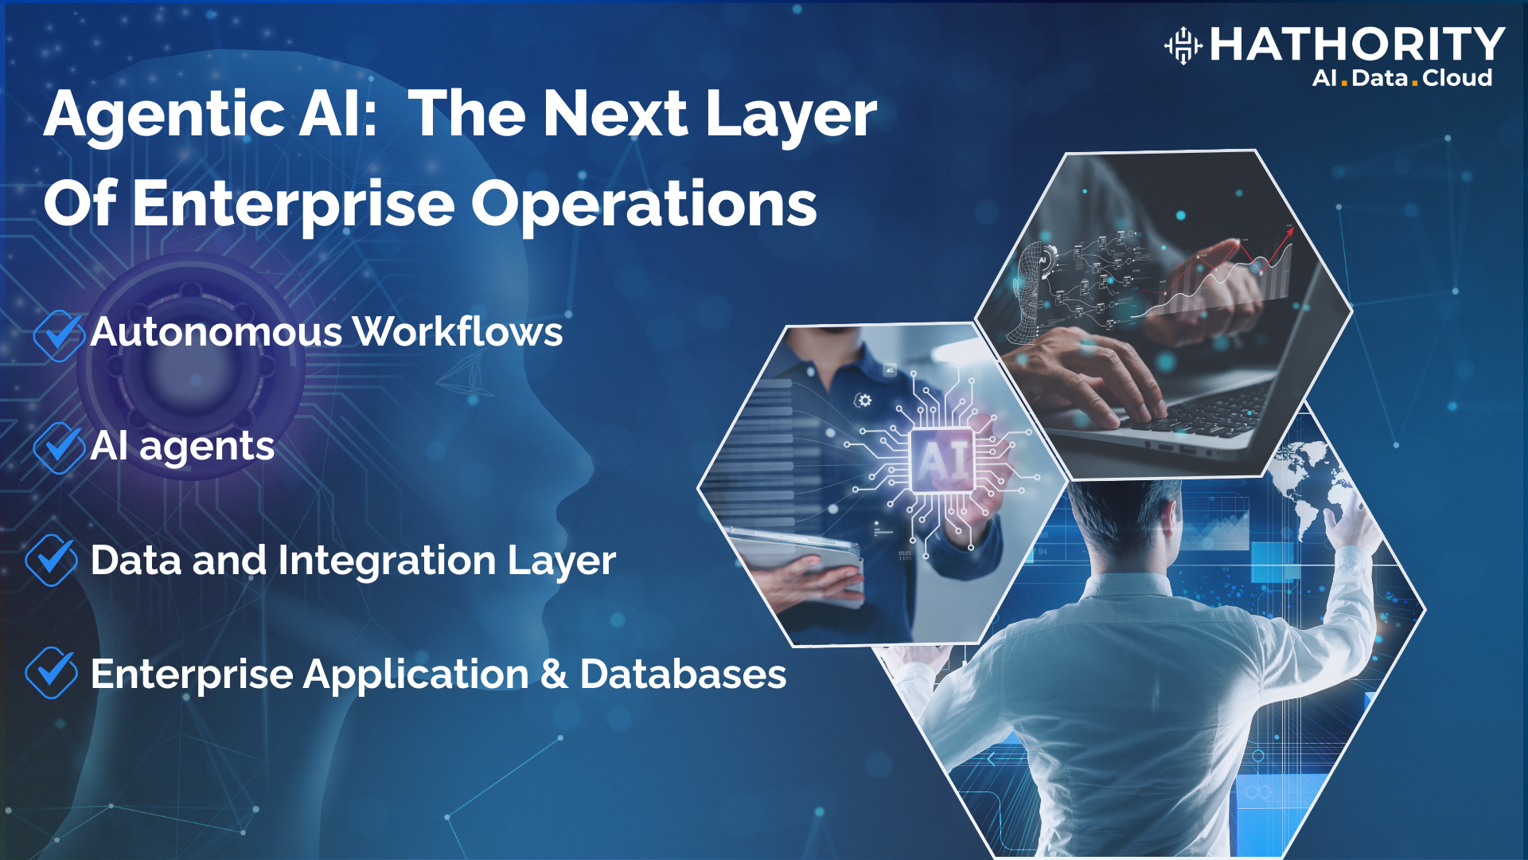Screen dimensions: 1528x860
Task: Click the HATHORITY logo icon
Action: click(x=1183, y=45)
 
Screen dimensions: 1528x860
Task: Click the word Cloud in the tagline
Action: click(x=1457, y=78)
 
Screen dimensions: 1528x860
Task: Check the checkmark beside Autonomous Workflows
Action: click(x=58, y=335)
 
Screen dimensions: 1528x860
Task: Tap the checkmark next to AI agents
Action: click(x=58, y=448)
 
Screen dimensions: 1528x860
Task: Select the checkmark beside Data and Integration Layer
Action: click(x=51, y=561)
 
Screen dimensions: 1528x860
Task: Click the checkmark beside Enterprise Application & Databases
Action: click(x=51, y=673)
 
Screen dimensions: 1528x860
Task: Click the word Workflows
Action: click(x=458, y=331)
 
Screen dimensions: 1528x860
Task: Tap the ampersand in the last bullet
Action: click(x=554, y=674)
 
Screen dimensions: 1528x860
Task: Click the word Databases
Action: click(x=683, y=674)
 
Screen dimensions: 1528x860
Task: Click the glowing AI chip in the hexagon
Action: click(x=942, y=460)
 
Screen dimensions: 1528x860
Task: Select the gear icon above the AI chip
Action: click(x=863, y=400)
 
